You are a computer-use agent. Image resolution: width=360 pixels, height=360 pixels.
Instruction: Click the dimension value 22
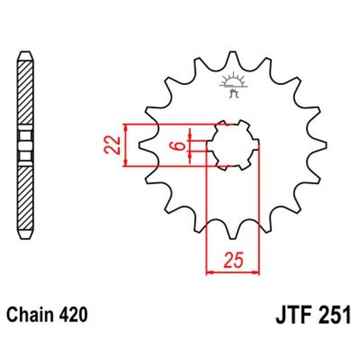coord(113,145)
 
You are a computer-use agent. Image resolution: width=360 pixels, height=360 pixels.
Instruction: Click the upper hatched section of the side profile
coord(25,93)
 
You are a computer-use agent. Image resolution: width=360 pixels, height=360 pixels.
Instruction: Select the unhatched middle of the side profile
coord(25,145)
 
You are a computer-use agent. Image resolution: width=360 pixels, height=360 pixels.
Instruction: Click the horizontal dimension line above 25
coord(233,272)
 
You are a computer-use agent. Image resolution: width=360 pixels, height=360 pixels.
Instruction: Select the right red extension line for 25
coord(259,213)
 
